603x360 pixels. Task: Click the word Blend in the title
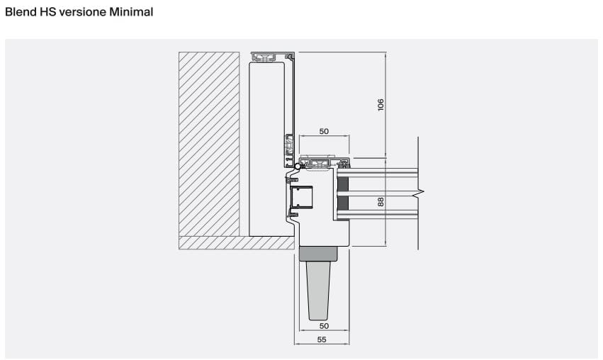[x=21, y=12]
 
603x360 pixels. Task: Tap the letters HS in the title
[x=48, y=12]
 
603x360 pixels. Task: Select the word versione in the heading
[x=83, y=12]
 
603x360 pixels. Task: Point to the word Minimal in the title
[x=131, y=12]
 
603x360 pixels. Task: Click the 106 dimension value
[x=381, y=105]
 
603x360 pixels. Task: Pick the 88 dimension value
[x=381, y=202]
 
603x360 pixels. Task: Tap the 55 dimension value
[x=322, y=339]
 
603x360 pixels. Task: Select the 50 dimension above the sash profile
[x=325, y=131]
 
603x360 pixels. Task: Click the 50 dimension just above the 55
[x=325, y=326]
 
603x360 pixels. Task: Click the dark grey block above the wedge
[x=318, y=254]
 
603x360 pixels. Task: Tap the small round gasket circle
[x=298, y=167]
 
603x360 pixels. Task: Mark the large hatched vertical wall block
[x=209, y=145]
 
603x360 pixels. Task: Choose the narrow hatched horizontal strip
[x=237, y=243]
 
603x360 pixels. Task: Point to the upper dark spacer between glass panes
[x=343, y=184]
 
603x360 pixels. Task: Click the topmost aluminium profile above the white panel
[x=272, y=57]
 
